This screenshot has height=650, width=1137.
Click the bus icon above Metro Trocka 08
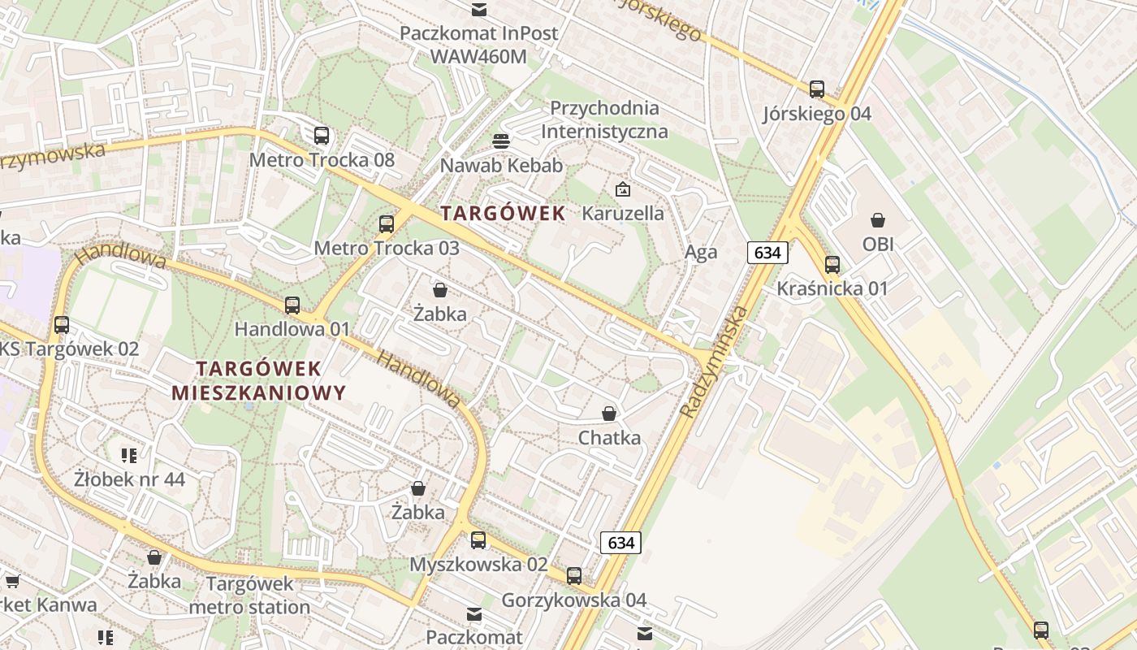[x=322, y=136]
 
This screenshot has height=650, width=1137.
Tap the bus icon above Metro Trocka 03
[x=387, y=224]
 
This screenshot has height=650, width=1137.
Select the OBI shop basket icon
[x=878, y=220]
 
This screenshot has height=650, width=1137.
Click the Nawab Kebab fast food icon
[x=501, y=141]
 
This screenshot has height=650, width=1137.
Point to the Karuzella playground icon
[x=623, y=190]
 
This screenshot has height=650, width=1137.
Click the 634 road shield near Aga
[x=767, y=253]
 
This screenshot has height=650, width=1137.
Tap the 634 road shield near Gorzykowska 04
[x=620, y=542]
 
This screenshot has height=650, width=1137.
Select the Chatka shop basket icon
[x=609, y=414]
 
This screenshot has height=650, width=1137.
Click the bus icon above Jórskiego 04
[x=817, y=89]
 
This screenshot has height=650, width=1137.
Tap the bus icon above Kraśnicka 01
[x=832, y=264]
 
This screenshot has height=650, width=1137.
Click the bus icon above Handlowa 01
[x=292, y=305]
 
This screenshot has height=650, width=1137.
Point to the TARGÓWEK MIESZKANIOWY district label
[x=259, y=381]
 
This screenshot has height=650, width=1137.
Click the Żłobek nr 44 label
[x=130, y=479]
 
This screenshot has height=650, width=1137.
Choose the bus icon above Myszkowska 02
[x=478, y=540]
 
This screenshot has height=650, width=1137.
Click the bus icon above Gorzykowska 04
[x=574, y=576]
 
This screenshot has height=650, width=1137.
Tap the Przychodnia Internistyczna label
[x=604, y=119]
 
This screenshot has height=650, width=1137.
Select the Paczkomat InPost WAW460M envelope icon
[x=479, y=10]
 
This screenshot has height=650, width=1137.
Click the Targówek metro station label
[x=249, y=595]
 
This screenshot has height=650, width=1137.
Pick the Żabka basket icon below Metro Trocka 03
[x=440, y=290]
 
